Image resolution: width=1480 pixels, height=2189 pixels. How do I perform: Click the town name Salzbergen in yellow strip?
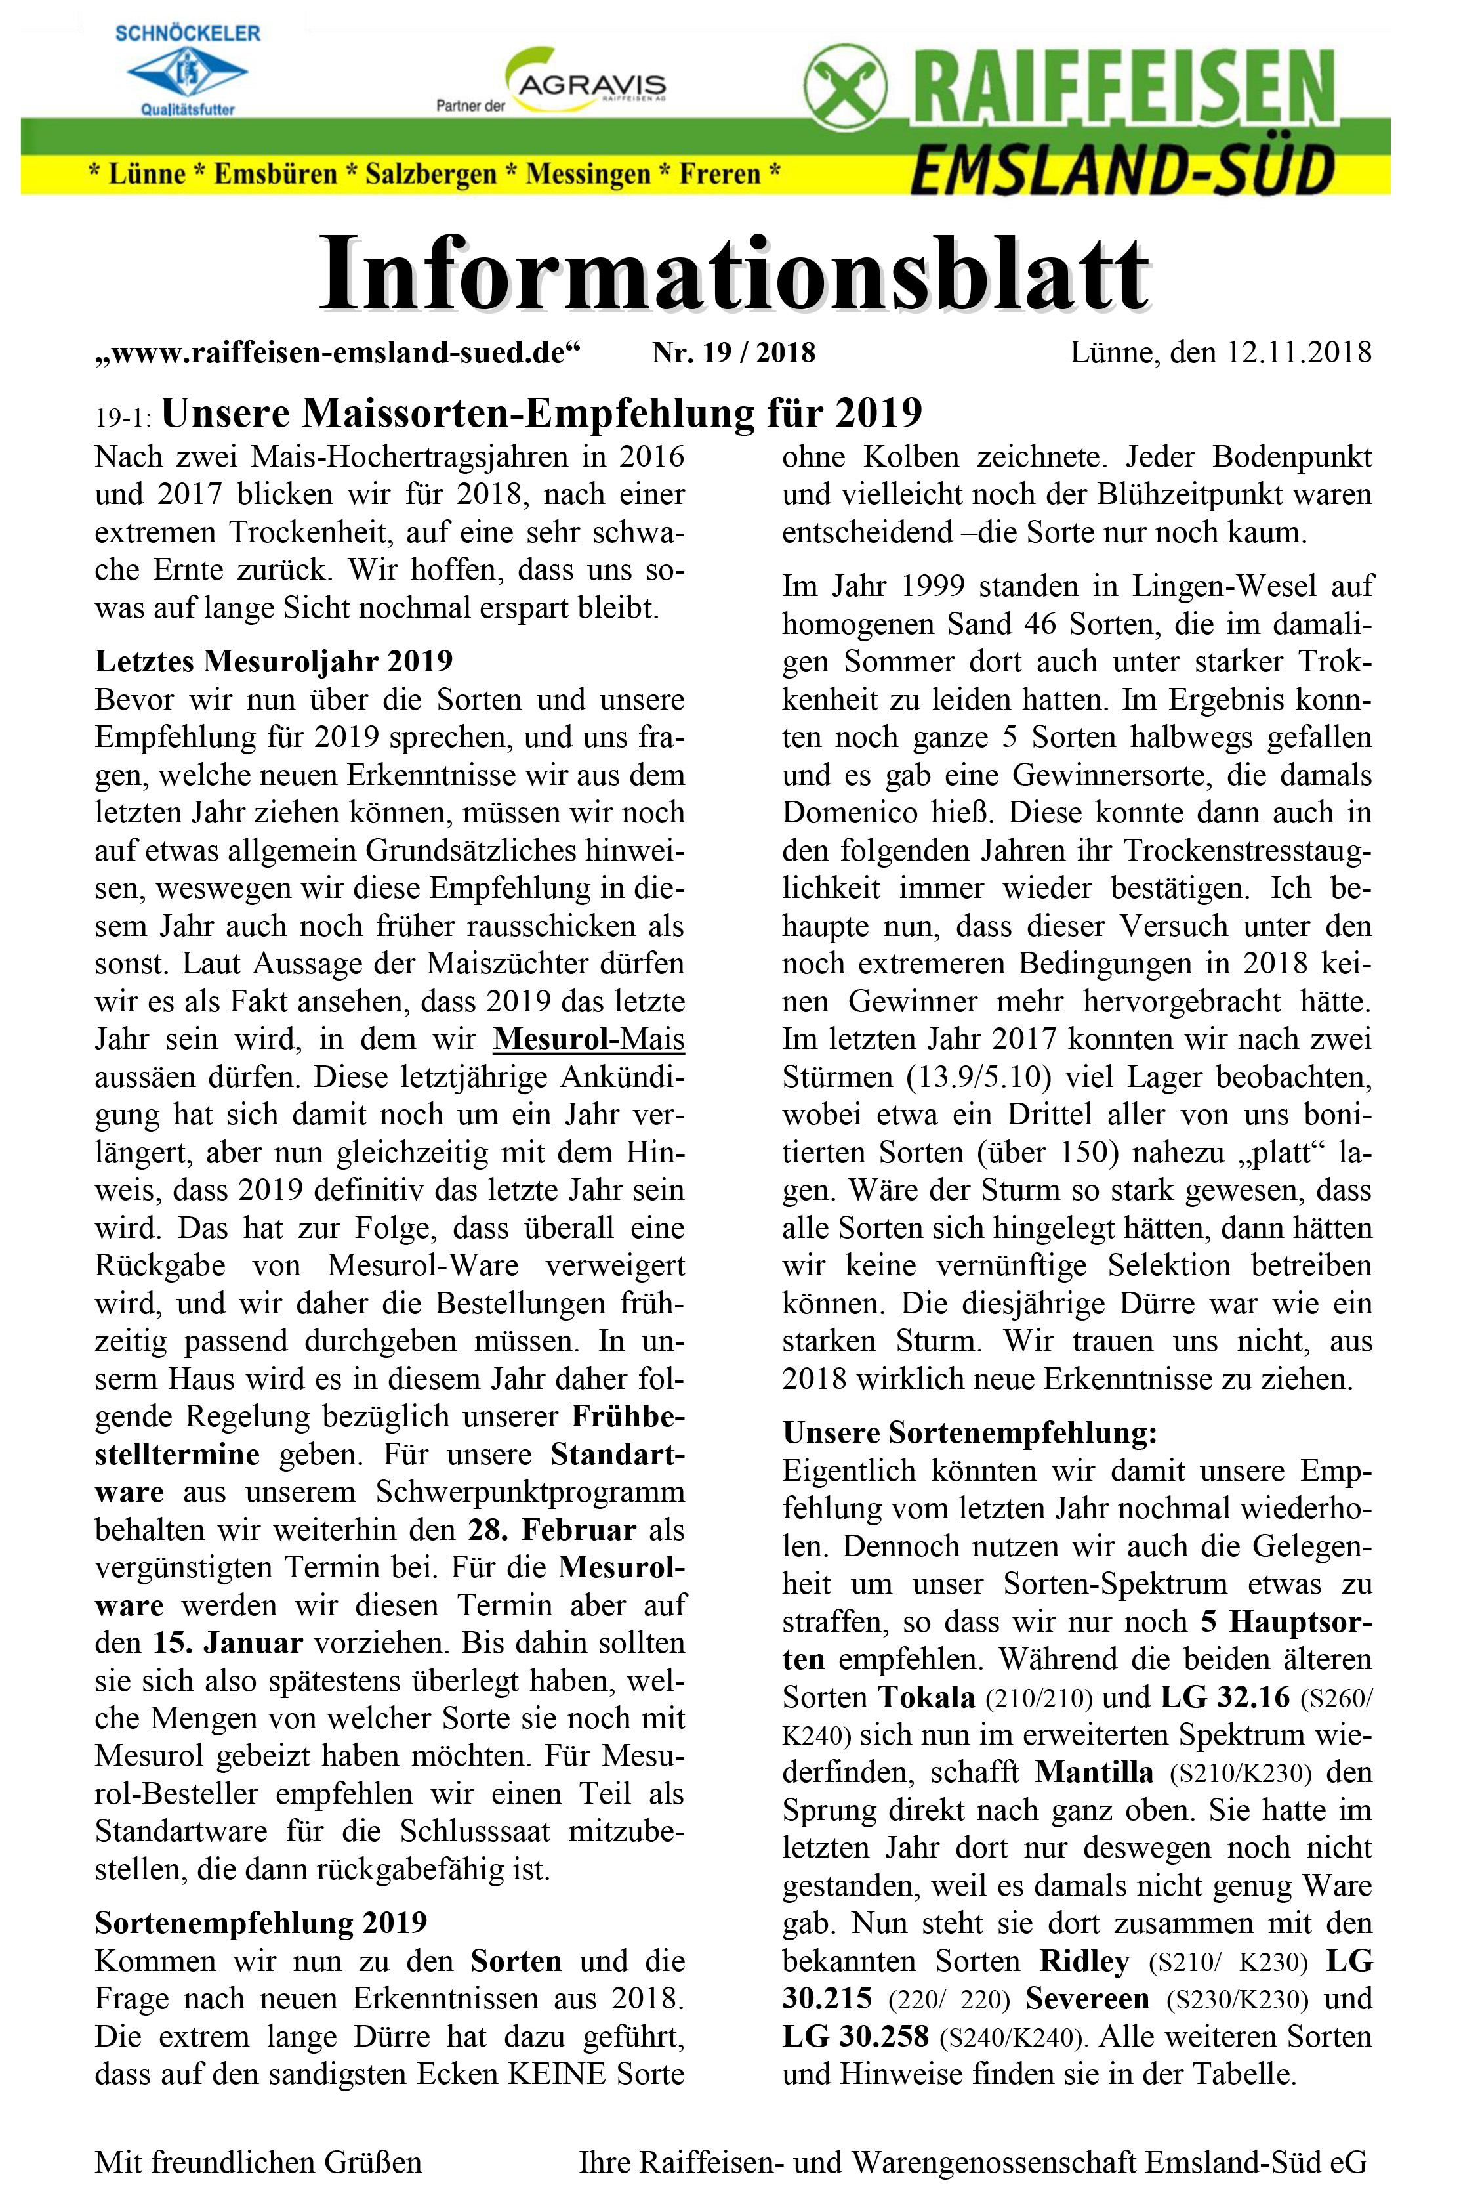pyautogui.click(x=430, y=174)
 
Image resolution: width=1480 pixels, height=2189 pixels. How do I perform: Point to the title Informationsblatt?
pyautogui.click(x=734, y=274)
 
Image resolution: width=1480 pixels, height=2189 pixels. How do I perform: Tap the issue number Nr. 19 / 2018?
pyautogui.click(x=733, y=353)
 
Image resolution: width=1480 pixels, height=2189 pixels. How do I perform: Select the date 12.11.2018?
pyautogui.click(x=1298, y=353)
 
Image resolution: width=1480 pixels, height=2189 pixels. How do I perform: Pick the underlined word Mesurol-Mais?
pyautogui.click(x=588, y=1039)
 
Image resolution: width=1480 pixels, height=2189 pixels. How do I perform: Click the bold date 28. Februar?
pyautogui.click(x=552, y=1529)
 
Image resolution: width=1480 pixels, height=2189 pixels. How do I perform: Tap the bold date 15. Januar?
pyautogui.click(x=228, y=1643)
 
